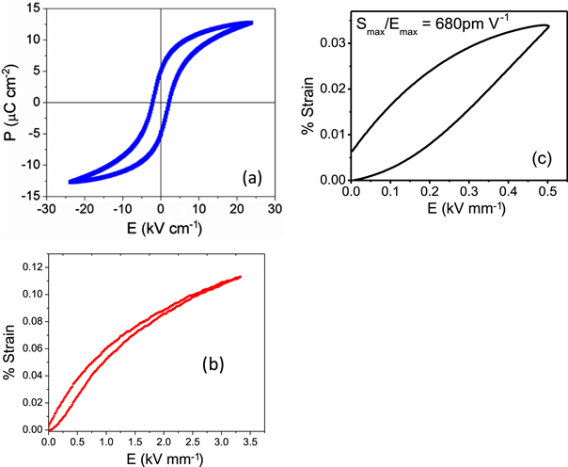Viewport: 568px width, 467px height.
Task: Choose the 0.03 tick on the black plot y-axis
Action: point(333,42)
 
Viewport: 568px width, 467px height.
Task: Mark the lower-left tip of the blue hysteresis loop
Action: point(71,182)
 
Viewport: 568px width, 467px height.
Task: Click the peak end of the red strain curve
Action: point(241,277)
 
